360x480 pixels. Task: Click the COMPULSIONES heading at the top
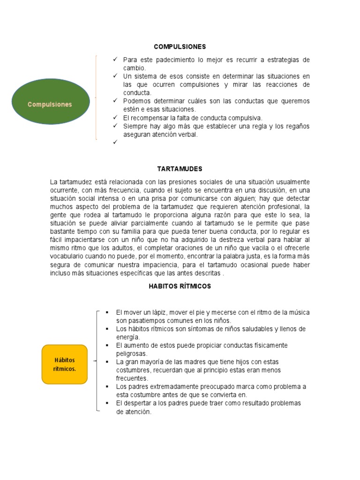tap(180, 47)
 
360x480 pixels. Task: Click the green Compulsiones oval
tap(50, 105)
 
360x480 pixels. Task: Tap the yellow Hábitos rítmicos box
tap(64, 364)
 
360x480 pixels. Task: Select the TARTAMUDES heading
tap(180, 169)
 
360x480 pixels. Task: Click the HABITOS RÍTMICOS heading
tap(180, 286)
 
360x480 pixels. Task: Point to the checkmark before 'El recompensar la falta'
tap(114, 118)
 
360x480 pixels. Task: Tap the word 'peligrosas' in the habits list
tap(132, 354)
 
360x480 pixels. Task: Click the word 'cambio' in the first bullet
tap(134, 68)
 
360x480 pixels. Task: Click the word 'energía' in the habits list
tap(128, 337)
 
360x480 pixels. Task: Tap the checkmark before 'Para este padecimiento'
tap(114, 60)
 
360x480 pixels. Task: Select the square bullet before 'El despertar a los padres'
tap(107, 403)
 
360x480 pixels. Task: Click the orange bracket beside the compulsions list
tap(96, 97)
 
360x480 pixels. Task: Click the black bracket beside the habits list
tap(97, 361)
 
